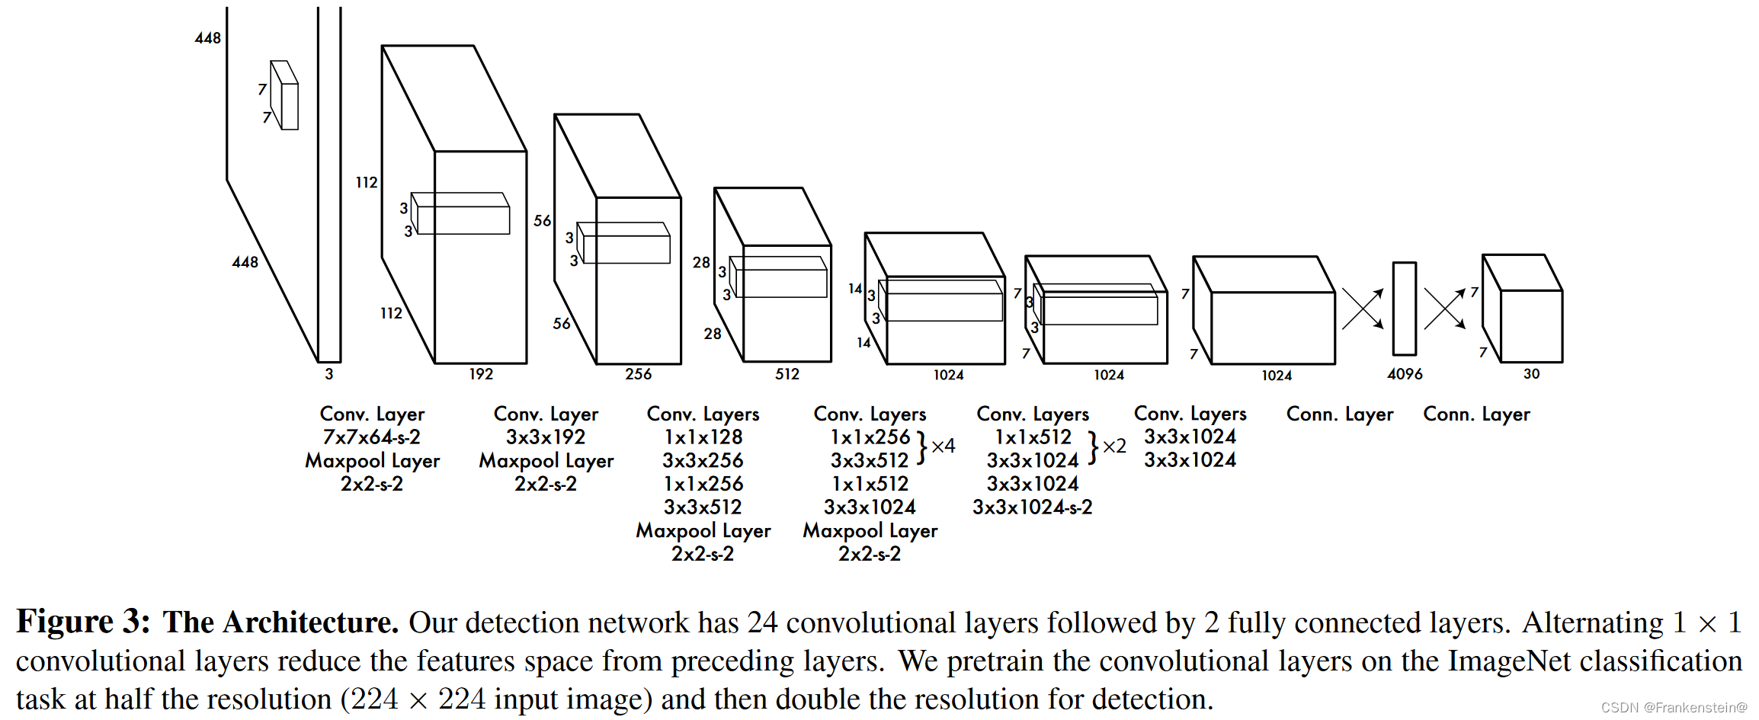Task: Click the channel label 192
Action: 481,374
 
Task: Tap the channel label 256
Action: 638,374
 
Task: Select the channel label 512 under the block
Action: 787,374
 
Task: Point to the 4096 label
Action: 1405,374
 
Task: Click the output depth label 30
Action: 1531,374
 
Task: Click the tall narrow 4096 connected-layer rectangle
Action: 1404,309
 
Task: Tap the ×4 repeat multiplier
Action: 943,446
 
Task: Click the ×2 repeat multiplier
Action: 1114,446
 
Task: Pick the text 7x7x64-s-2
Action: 372,437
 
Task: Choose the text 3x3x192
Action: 546,437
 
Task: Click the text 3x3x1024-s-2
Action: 1032,507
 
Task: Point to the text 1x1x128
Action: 703,437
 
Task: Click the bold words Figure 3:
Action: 84,622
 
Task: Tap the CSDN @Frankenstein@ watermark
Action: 1674,708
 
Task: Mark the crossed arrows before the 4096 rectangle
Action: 1363,309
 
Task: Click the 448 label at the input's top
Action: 207,38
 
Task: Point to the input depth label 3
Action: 329,374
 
